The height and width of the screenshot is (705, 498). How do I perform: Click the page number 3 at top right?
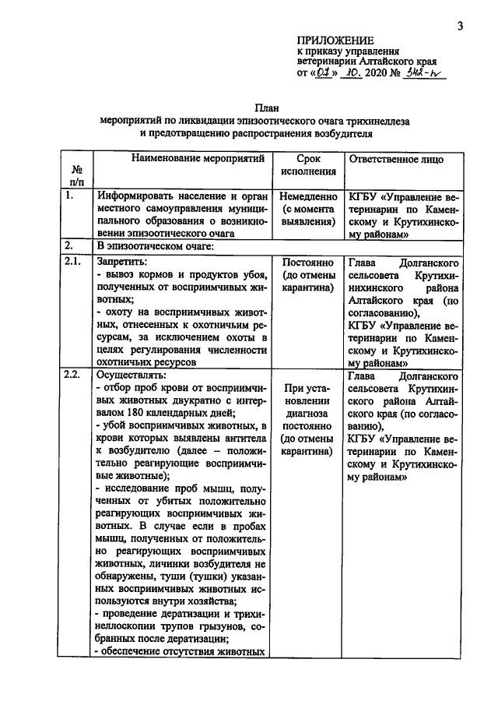coord(460,26)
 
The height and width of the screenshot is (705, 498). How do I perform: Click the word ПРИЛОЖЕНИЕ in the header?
coord(335,41)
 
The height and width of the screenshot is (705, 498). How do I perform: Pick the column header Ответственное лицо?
coord(397,160)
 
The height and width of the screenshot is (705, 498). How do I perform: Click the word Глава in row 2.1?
coord(363,263)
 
